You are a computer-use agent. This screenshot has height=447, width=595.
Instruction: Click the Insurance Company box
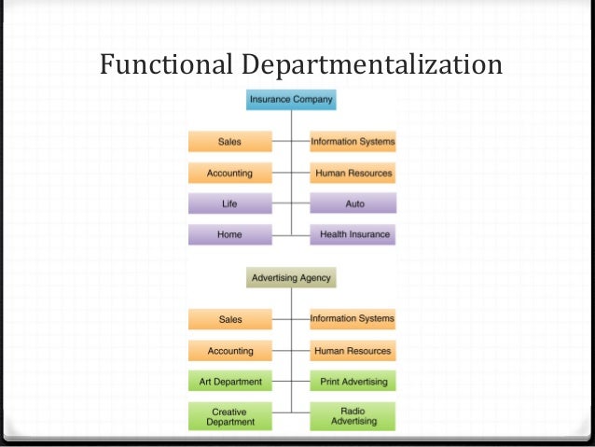291,98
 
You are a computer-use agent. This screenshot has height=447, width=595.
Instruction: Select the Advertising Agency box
290,277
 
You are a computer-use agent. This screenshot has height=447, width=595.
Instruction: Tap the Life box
229,203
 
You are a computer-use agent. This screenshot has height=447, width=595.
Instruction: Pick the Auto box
353,203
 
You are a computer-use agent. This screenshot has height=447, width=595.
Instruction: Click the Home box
229,234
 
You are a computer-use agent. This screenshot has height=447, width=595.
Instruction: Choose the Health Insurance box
353,234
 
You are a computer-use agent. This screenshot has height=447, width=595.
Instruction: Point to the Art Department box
229,382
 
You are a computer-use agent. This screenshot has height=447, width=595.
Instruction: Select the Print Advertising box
353,382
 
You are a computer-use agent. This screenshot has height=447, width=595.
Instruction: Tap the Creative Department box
229,416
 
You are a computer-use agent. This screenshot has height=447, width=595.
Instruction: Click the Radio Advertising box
353,416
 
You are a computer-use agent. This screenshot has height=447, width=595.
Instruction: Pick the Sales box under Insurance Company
229,142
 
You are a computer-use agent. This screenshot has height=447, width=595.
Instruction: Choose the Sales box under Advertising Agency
229,319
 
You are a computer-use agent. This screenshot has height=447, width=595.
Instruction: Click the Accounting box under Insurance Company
229,174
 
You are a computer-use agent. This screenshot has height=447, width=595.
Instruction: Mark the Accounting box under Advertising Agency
229,351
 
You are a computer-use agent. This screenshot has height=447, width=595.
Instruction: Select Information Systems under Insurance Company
353,142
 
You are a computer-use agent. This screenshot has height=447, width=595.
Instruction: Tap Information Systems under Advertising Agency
353,319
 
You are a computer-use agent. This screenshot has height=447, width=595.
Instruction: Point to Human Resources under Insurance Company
353,174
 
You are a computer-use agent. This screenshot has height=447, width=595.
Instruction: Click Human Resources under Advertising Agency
353,351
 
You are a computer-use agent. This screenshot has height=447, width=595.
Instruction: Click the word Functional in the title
166,64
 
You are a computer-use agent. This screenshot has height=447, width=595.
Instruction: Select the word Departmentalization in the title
372,65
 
